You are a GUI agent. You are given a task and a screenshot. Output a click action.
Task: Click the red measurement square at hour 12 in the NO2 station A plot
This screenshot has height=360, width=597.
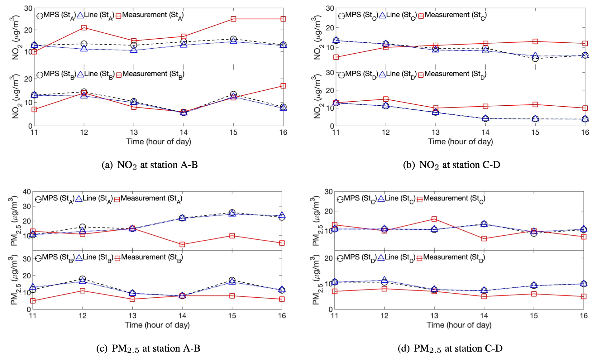[x=84, y=28]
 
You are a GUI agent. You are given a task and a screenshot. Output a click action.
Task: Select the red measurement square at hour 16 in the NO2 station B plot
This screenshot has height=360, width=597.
[x=283, y=86]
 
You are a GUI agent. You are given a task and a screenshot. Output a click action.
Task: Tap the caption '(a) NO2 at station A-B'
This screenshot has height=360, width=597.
[x=150, y=165]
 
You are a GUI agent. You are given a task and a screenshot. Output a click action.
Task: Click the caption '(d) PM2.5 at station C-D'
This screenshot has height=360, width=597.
[x=450, y=348]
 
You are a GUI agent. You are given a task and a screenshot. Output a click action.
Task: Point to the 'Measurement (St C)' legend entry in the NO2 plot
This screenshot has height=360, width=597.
[x=452, y=15]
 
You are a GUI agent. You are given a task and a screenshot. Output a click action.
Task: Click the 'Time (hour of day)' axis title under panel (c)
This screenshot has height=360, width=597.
[x=157, y=325]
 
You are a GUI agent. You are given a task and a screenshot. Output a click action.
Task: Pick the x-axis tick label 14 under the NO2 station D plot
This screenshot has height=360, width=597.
[x=485, y=132]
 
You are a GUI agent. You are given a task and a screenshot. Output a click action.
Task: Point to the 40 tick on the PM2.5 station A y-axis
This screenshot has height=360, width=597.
[x=27, y=192]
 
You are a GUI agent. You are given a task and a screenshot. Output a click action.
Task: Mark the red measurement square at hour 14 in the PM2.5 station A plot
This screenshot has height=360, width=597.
[x=182, y=244]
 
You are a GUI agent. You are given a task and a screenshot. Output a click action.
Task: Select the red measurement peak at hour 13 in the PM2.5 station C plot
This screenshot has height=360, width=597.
[x=434, y=219]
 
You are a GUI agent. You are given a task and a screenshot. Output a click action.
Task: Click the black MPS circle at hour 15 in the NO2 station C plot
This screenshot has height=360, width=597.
[x=535, y=58]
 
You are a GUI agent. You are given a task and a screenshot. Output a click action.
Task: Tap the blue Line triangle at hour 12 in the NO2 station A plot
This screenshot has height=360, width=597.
[x=84, y=49]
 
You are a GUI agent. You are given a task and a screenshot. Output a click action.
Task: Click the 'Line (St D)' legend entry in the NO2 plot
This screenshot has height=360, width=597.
[x=396, y=74]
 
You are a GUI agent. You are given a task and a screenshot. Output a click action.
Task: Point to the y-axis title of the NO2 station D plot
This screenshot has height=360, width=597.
[x=318, y=97]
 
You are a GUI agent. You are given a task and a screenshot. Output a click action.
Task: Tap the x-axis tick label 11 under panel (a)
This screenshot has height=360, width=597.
[x=34, y=132]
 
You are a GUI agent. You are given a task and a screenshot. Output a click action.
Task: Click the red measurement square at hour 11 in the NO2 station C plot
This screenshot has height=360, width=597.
[x=336, y=57]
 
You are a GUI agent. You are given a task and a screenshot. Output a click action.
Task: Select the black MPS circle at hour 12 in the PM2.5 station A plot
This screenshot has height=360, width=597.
[x=83, y=227]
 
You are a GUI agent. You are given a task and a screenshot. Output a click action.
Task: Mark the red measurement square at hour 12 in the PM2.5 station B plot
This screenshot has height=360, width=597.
[x=83, y=290]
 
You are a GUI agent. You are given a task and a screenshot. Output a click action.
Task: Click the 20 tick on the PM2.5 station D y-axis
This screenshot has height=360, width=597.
[x=328, y=258]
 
